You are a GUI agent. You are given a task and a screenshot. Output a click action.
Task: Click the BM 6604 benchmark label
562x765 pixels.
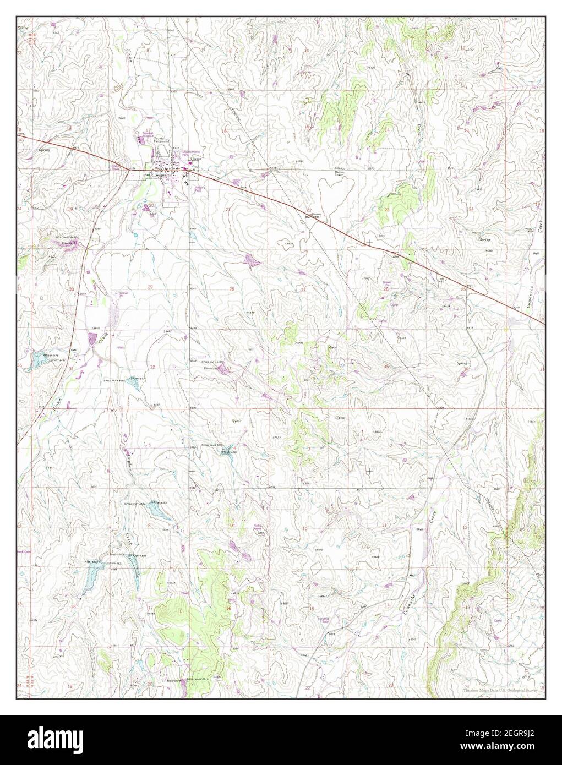click(x=312, y=217)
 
